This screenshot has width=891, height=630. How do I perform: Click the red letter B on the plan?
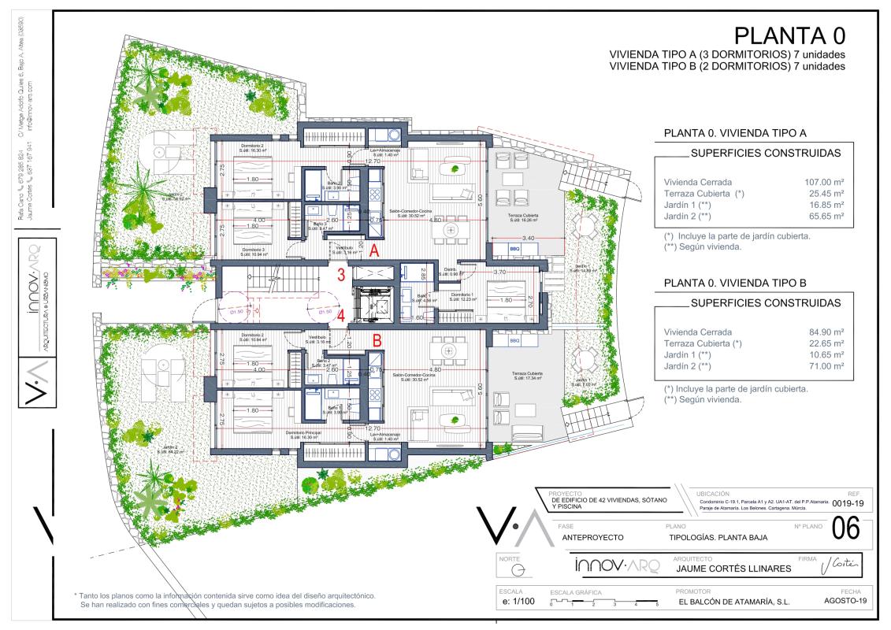(x=377, y=342)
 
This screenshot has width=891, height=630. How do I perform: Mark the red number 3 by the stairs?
(x=341, y=275)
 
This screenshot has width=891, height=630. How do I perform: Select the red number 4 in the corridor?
(x=341, y=317)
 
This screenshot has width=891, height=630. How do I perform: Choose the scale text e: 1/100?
(x=517, y=602)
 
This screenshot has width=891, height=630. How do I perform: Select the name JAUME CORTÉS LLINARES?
(x=722, y=569)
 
